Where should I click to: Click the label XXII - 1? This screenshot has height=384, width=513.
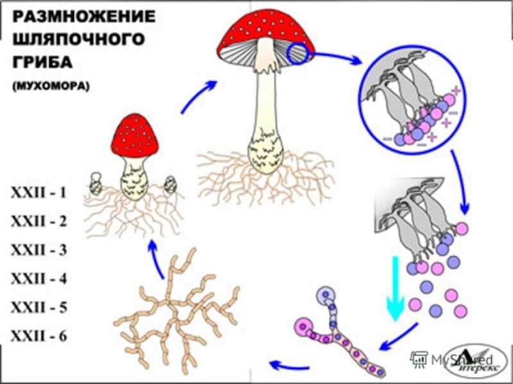(x=38, y=193)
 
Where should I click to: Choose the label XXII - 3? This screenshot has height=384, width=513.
(x=38, y=250)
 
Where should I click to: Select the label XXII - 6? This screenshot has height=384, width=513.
(x=38, y=335)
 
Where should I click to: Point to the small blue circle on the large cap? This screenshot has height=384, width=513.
(x=299, y=54)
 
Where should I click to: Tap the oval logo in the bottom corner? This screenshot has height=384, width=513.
(x=472, y=362)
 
